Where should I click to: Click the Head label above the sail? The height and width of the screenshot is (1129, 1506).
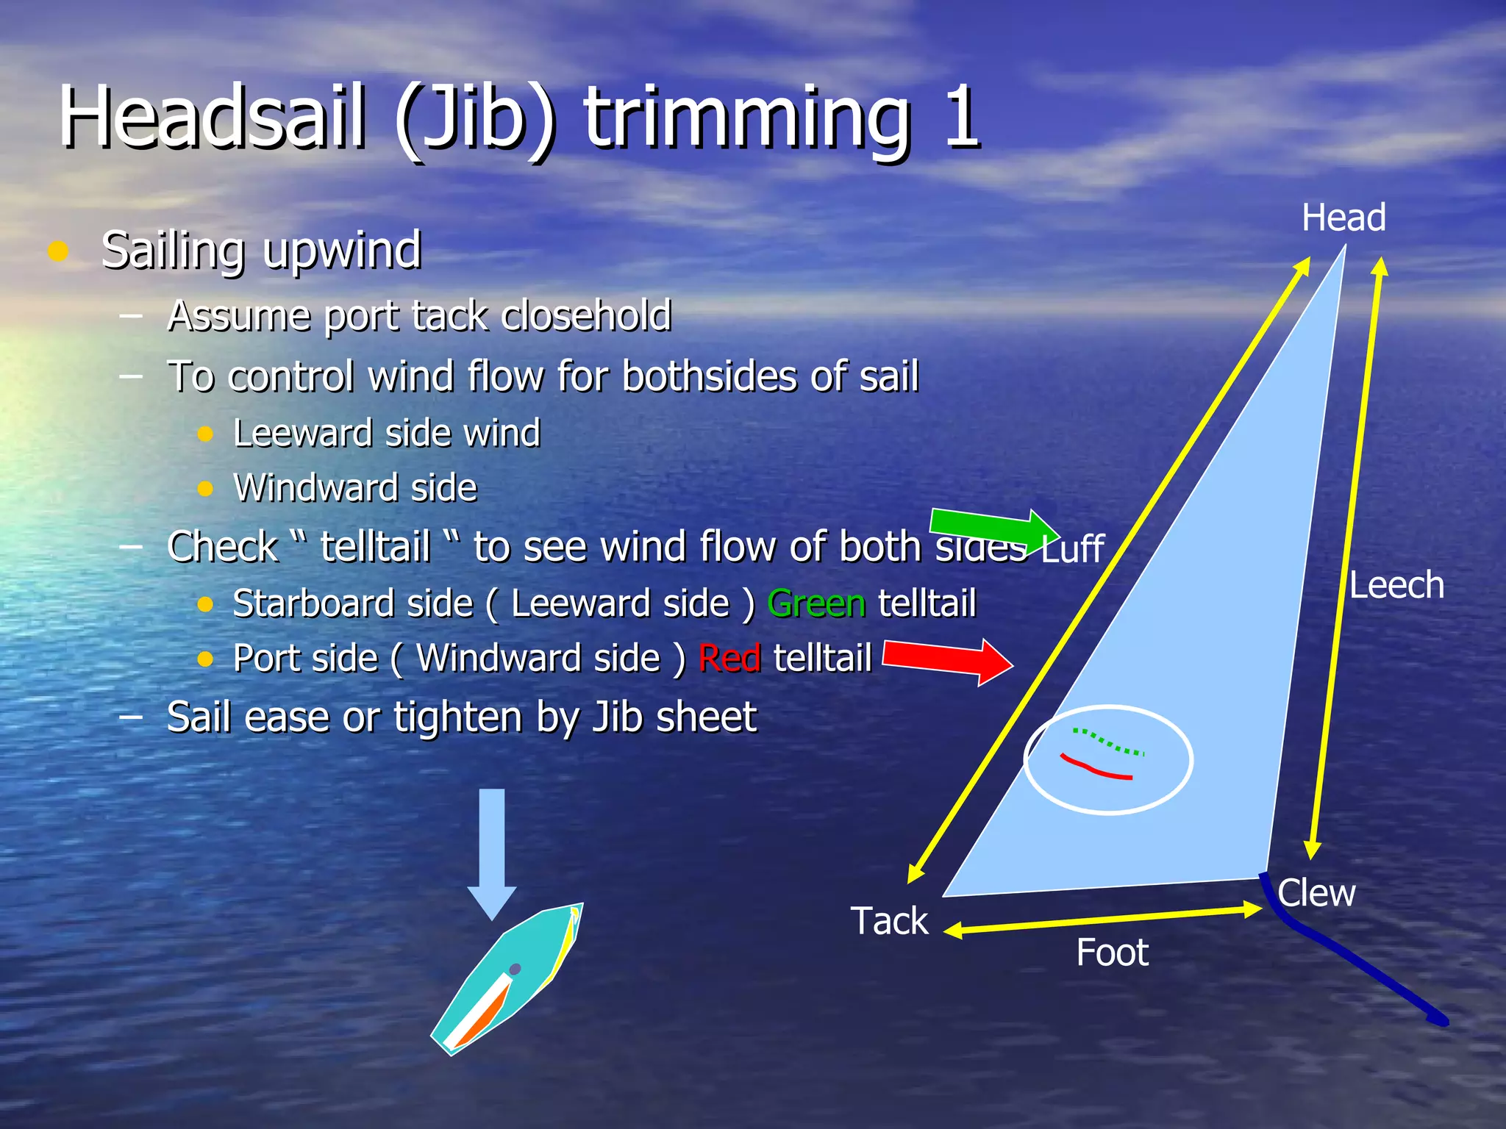point(1343,218)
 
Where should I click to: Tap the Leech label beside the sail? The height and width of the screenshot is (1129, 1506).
point(1396,586)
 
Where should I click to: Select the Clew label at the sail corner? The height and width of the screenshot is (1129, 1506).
point(1316,893)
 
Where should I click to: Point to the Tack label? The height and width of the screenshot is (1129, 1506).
point(889,921)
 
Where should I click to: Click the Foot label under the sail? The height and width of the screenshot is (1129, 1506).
point(1112,953)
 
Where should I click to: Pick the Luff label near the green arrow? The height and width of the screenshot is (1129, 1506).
point(1073,549)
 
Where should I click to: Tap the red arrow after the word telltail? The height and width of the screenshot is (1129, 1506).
point(949,659)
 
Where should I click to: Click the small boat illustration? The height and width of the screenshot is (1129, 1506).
point(507,978)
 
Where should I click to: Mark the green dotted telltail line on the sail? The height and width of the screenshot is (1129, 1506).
point(1109,742)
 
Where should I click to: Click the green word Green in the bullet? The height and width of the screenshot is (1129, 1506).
point(816,604)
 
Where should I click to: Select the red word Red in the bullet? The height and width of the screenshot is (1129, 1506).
point(729,659)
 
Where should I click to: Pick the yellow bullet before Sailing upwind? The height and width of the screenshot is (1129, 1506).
point(58,251)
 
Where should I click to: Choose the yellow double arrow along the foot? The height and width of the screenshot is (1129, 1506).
point(1103,920)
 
